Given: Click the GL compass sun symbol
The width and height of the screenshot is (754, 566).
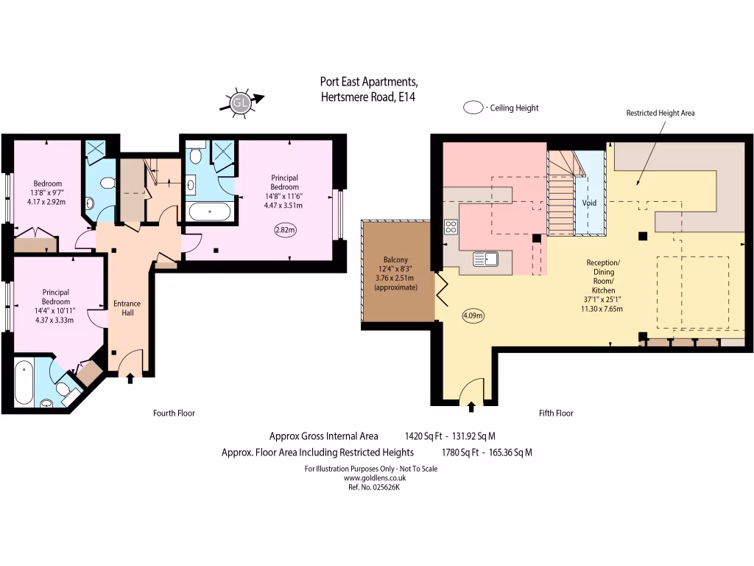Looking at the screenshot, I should (239, 103).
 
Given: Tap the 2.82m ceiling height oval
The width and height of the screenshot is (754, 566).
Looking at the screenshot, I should (285, 230).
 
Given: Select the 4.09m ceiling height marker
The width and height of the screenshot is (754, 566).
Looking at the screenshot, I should (473, 316).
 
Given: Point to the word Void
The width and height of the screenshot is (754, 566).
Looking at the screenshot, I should (589, 202).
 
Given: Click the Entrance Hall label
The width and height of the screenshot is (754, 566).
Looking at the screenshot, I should (126, 308).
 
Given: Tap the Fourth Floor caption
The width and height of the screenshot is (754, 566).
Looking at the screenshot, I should (174, 413).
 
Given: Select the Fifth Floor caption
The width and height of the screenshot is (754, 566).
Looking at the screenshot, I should (556, 413).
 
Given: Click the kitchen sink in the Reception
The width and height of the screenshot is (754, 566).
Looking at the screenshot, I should (486, 259).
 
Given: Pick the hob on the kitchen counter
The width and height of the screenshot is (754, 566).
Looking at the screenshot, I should (451, 227).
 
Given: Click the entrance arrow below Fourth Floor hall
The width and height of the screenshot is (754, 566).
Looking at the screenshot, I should (131, 379).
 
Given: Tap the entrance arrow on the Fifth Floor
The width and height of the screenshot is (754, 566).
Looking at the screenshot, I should (472, 405).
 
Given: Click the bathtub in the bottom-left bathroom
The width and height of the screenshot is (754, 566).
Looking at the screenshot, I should (24, 382).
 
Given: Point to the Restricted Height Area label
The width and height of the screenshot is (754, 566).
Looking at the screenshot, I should (660, 113).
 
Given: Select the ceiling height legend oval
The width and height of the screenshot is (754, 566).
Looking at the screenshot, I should (473, 108).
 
